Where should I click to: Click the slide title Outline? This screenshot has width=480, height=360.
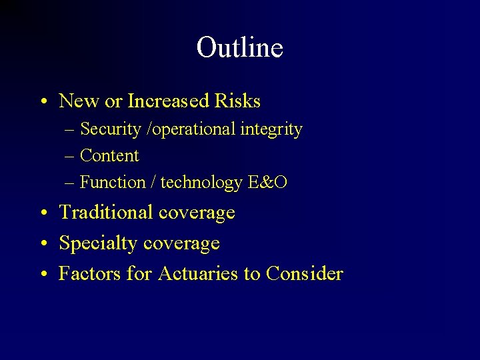tap(240, 47)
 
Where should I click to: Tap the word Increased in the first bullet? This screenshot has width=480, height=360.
tap(168, 101)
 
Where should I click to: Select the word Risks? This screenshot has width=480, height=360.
tap(237, 101)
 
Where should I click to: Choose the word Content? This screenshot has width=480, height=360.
tap(109, 156)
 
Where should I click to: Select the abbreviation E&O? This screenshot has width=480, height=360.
tap(267, 183)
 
